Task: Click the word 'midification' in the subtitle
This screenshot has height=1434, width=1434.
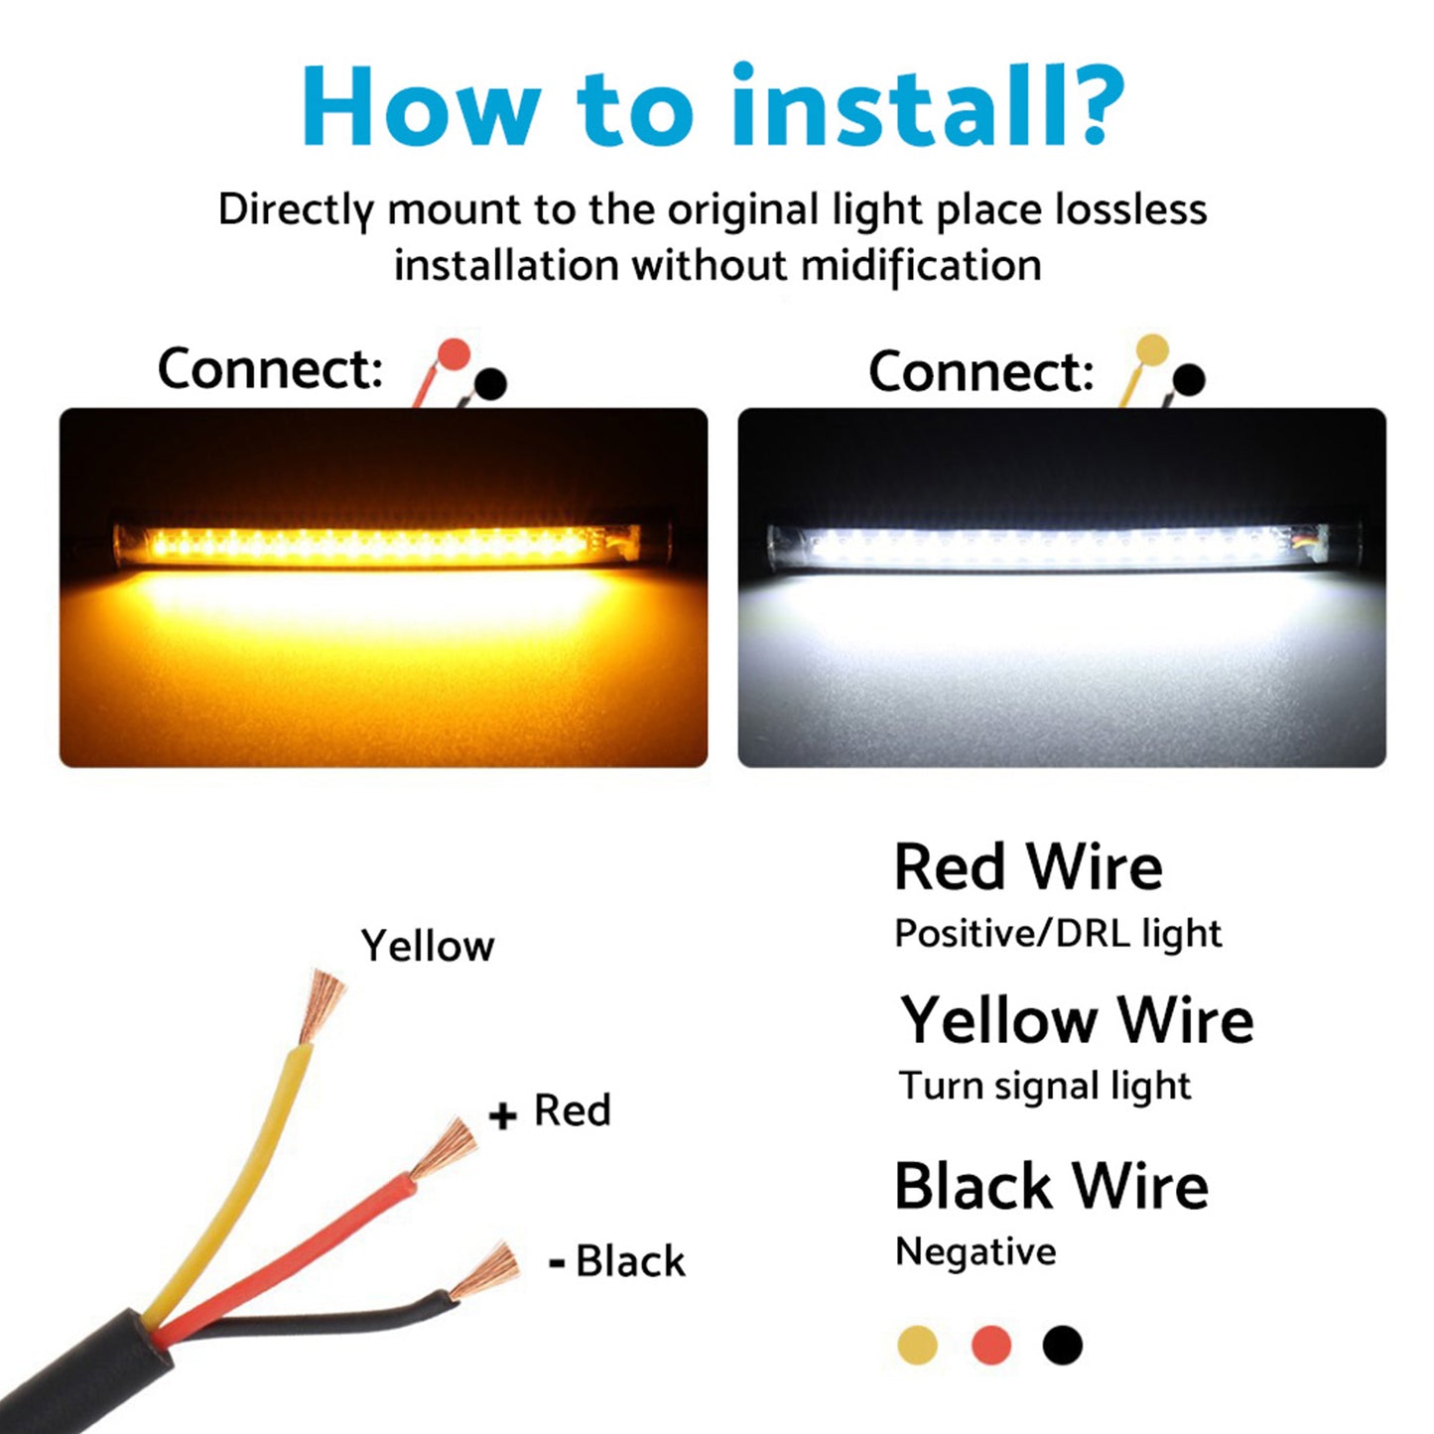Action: click(920, 266)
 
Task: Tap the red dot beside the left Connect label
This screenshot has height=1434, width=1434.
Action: click(454, 354)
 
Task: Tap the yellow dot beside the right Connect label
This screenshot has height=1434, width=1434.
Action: click(1151, 349)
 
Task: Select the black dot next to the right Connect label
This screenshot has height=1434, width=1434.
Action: click(1188, 378)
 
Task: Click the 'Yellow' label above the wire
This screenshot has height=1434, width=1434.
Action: click(427, 946)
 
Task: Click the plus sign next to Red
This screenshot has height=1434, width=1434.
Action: click(503, 1115)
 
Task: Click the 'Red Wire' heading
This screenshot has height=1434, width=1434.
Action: click(1028, 867)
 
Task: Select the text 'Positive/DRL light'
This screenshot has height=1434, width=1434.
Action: click(1058, 934)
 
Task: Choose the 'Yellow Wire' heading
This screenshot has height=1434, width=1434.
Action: click(1077, 1020)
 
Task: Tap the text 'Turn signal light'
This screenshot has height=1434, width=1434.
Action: click(1044, 1087)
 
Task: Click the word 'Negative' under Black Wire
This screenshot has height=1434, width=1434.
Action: click(976, 1252)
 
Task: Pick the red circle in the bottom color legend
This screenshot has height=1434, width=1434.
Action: click(990, 1346)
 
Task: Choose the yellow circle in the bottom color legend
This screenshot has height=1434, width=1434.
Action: click(917, 1346)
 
